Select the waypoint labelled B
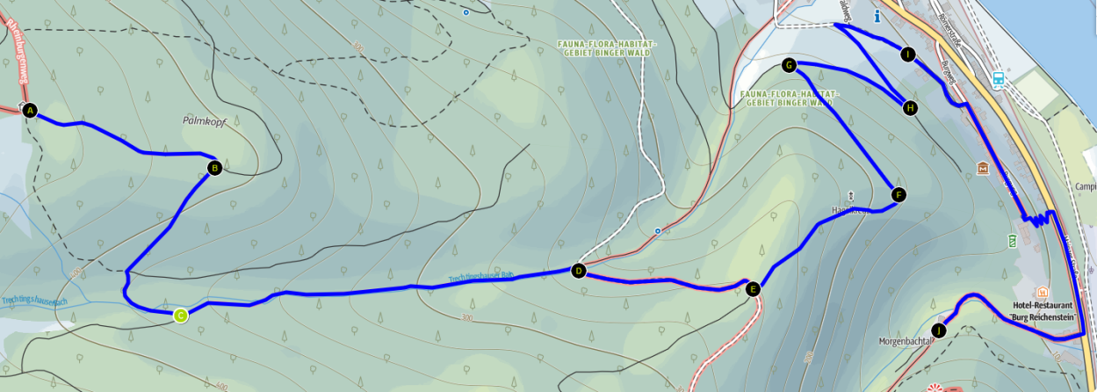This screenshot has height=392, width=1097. [213, 167]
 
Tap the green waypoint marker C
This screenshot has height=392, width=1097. [180, 316]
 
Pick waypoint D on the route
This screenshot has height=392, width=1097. [578, 271]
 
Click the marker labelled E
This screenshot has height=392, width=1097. [752, 288]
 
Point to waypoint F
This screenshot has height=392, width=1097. [897, 194]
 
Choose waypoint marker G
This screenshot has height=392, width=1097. [789, 65]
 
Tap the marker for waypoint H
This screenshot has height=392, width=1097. [910, 108]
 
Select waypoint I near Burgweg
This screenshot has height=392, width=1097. [907, 54]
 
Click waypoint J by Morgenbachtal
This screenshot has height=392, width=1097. [940, 330]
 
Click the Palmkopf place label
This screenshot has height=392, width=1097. [205, 122]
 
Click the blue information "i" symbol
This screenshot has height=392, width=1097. [877, 16]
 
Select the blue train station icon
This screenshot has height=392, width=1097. [999, 78]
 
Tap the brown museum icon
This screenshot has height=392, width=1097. [983, 168]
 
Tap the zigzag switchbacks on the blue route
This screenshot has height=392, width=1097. [1037, 220]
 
